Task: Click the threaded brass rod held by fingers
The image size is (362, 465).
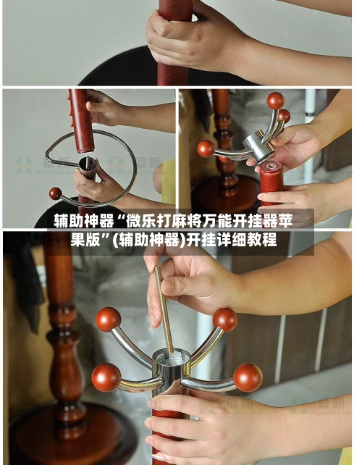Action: (x=164, y=310)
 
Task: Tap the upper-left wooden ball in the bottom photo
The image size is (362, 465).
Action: (x=108, y=319)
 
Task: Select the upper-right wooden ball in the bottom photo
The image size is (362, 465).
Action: (x=225, y=319)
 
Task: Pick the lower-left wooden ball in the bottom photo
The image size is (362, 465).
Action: (x=106, y=377)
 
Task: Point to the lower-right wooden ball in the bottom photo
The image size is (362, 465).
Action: (x=248, y=377)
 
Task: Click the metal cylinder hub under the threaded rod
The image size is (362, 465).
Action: (x=172, y=368)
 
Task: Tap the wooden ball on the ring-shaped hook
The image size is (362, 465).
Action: (x=56, y=193)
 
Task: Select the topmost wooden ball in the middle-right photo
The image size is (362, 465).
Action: (x=276, y=101)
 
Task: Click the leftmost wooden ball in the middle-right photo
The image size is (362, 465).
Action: (x=206, y=149)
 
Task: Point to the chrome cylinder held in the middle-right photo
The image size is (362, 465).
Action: (x=258, y=147)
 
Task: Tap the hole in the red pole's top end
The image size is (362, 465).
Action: (x=271, y=166)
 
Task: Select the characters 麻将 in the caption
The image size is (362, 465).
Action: (x=187, y=221)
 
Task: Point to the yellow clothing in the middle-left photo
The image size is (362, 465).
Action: (x=169, y=182)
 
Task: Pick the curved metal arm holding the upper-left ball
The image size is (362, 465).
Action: (x=132, y=348)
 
